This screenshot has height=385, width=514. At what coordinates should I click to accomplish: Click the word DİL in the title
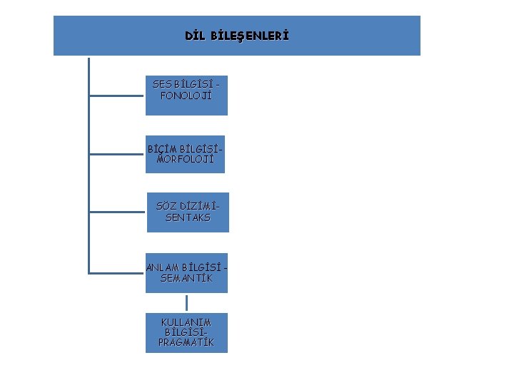click(x=195, y=36)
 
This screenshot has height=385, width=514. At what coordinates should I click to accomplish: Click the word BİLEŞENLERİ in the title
click(x=250, y=36)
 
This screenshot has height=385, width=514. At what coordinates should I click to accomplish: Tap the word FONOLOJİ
click(x=186, y=95)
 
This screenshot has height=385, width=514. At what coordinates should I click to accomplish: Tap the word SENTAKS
click(x=188, y=217)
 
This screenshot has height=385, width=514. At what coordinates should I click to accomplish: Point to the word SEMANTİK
click(x=186, y=278)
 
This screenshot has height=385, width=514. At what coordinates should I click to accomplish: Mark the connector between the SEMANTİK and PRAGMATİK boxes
click(x=186, y=303)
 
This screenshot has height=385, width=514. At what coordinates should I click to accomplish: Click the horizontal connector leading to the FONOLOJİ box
click(x=117, y=93)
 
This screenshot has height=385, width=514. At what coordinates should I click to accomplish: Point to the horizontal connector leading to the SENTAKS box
click(x=118, y=211)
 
